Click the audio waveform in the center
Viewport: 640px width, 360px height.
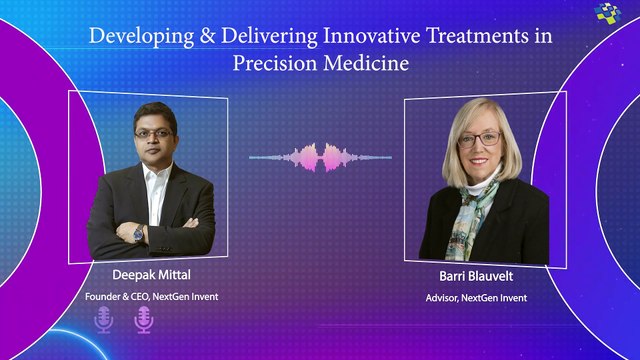coord(320,157)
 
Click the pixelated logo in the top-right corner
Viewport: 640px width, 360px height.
coord(607,16)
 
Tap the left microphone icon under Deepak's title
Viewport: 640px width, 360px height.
coord(103,320)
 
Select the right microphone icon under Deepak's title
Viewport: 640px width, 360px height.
coord(143,320)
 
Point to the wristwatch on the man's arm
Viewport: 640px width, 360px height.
coord(138,233)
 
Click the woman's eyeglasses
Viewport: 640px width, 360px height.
coord(479,140)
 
